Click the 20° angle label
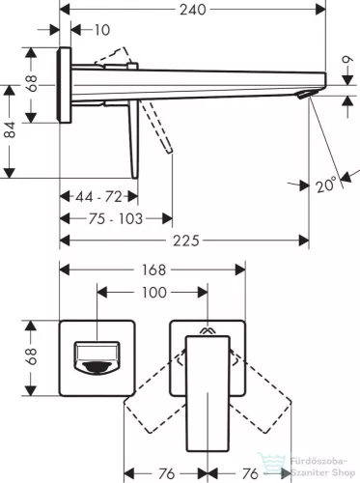[x=327, y=185]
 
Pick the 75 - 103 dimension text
[x=113, y=219]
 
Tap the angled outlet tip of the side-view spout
[x=307, y=95]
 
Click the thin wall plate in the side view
[x=65, y=85]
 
